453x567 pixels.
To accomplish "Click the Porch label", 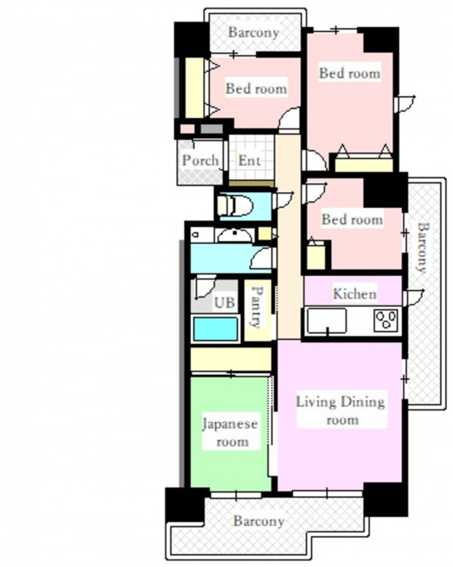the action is pyautogui.click(x=200, y=160).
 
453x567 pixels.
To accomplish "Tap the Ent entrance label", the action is pyautogui.click(x=249, y=160).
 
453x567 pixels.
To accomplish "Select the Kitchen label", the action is pyautogui.click(x=354, y=293).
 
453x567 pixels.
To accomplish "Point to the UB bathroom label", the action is pyautogui.click(x=224, y=302).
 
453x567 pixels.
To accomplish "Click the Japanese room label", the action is pyautogui.click(x=230, y=432).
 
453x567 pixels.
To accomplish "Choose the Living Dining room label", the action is pyautogui.click(x=341, y=411).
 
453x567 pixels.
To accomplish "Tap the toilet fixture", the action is pyautogui.click(x=235, y=206).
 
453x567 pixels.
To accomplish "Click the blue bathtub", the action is pyautogui.click(x=216, y=329).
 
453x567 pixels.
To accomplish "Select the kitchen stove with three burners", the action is pyautogui.click(x=386, y=321).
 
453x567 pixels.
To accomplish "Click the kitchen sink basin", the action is pyautogui.click(x=326, y=321).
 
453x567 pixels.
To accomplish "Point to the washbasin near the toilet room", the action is pyautogui.click(x=235, y=235).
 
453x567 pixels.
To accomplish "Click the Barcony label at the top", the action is pyautogui.click(x=254, y=33).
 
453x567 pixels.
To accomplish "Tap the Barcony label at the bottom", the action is pyautogui.click(x=259, y=521).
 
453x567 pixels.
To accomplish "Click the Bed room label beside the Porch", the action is pyautogui.click(x=257, y=88).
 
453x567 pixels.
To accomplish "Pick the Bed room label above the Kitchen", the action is pyautogui.click(x=353, y=219).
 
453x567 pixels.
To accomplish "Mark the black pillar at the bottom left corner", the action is pyautogui.click(x=185, y=504).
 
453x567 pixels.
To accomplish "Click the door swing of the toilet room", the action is pyautogui.click(x=282, y=200).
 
